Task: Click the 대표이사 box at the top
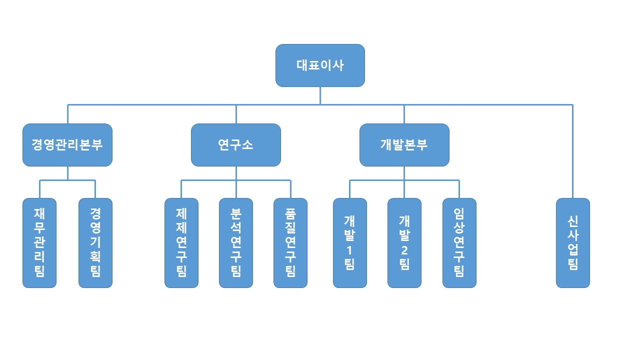(x=320, y=65)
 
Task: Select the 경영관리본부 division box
(x=67, y=145)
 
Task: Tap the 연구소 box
(x=236, y=145)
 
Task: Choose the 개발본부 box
(x=404, y=145)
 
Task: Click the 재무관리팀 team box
(x=39, y=243)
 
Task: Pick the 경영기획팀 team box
(x=95, y=243)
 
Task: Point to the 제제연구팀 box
(x=181, y=243)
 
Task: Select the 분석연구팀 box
(x=236, y=243)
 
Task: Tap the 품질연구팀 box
(x=290, y=243)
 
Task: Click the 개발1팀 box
(x=350, y=243)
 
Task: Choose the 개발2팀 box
(x=404, y=243)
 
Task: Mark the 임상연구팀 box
(x=459, y=243)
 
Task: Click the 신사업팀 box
(x=573, y=243)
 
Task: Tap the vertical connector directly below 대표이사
(x=320, y=95)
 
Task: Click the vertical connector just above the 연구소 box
(x=236, y=114)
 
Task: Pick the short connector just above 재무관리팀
(x=39, y=189)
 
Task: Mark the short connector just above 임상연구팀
(x=459, y=189)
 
